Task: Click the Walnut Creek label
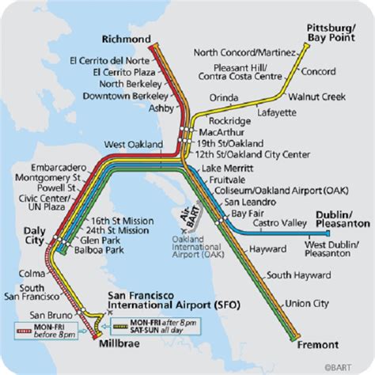316,97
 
